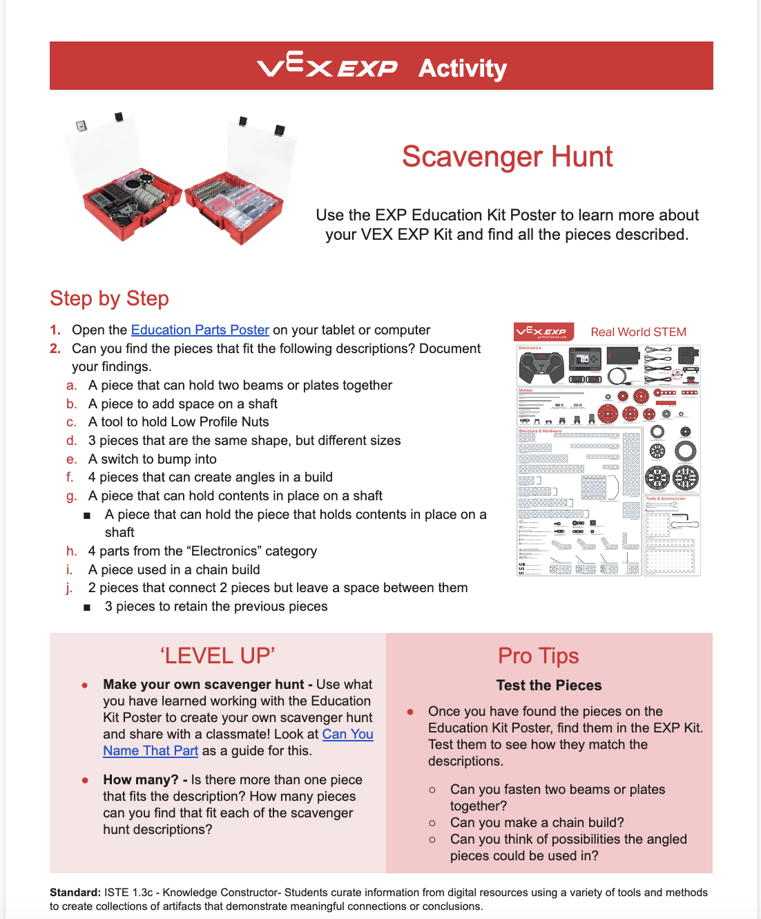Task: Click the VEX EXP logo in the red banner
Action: [x=327, y=66]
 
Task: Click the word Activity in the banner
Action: [x=462, y=68]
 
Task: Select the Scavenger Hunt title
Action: [x=507, y=157]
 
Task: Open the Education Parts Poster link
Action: [x=200, y=330]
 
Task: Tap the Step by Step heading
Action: [x=109, y=299]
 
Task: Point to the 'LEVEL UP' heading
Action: [x=218, y=656]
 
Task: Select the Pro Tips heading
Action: [x=538, y=656]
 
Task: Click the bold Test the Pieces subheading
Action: [x=548, y=685]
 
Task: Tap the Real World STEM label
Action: [x=638, y=332]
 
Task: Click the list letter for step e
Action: [x=71, y=459]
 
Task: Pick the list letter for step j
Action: [x=69, y=588]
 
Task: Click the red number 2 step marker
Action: [x=55, y=349]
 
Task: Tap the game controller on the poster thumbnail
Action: [x=540, y=367]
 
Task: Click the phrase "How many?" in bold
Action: [x=140, y=780]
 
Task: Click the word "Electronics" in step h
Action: [x=255, y=551]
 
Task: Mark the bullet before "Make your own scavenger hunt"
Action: [x=85, y=685]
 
